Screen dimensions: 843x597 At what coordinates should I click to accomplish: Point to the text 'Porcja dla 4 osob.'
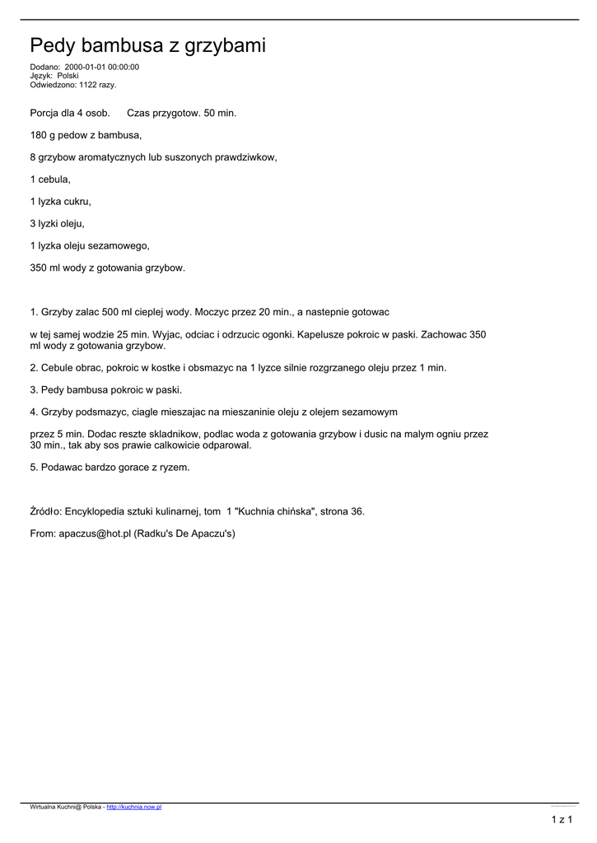[70, 112]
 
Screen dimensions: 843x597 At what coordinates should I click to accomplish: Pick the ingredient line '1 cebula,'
[50, 179]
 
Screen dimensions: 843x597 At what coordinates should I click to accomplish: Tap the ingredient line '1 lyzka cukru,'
[60, 201]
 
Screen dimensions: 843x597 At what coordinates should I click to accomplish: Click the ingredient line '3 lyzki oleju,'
[57, 223]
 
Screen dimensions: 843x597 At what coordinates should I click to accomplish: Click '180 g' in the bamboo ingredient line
[43, 134]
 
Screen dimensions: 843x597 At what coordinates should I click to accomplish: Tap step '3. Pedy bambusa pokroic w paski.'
[105, 390]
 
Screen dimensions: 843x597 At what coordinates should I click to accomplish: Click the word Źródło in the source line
[45, 511]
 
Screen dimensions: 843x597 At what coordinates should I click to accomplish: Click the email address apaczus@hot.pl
[95, 533]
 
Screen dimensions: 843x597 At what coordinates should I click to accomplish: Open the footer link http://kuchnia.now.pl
[133, 808]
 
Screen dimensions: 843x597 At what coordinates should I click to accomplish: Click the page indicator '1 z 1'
[562, 820]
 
